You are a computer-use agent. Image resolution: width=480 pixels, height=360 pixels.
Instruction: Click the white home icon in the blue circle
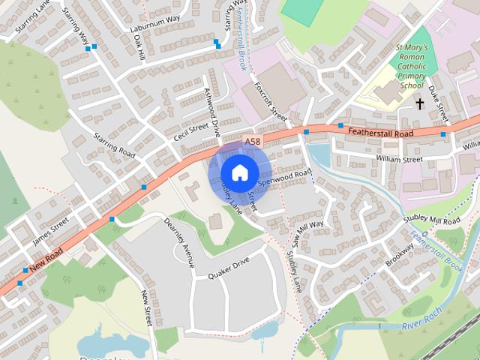239,172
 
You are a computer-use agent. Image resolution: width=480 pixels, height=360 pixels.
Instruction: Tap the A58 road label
253,141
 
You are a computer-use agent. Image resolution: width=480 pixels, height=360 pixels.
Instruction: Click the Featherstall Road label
380,133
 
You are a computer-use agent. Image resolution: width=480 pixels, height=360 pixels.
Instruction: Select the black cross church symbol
419,103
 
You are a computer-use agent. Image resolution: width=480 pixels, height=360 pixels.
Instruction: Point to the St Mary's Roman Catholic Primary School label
412,66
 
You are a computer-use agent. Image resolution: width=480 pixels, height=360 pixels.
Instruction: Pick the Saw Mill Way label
308,229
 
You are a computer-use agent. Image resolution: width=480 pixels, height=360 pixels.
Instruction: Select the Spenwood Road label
284,178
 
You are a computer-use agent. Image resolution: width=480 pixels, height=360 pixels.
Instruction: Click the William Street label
400,159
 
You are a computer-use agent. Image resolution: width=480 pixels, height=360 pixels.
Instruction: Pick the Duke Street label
438,103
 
